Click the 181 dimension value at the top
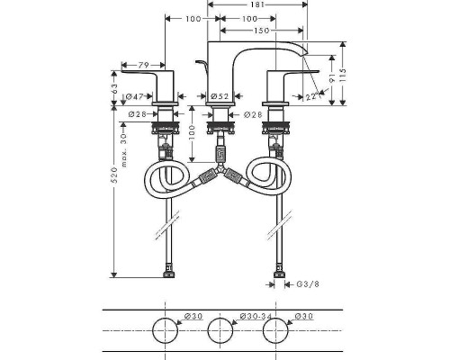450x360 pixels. click(257, 4)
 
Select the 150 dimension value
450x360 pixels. click(262, 31)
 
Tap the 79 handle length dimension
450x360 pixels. click(143, 65)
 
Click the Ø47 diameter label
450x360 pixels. click(134, 96)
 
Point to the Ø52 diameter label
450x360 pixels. click(220, 96)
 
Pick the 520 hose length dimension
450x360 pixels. click(114, 175)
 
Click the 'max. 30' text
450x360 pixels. click(123, 150)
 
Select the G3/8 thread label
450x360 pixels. click(308, 284)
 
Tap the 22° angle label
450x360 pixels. click(312, 97)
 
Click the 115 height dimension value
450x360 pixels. click(343, 76)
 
